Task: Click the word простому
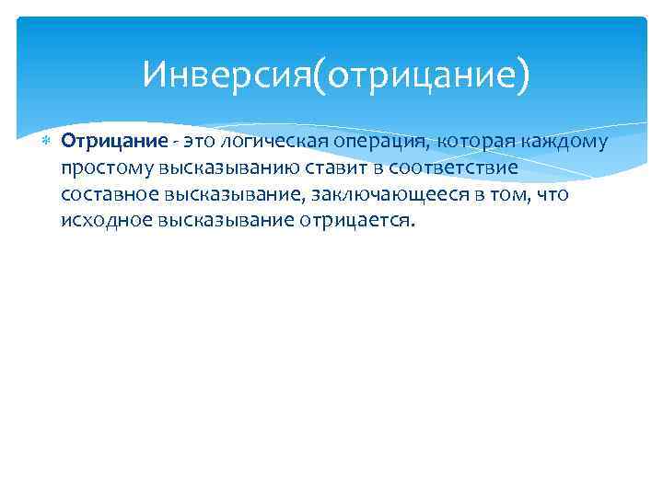[x=99, y=168]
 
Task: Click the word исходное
[x=98, y=222]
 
